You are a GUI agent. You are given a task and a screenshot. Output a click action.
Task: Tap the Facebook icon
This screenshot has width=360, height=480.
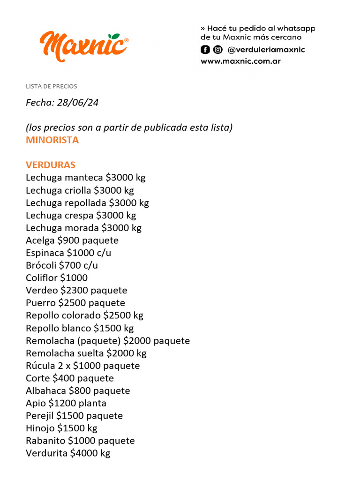pyautogui.click(x=205, y=50)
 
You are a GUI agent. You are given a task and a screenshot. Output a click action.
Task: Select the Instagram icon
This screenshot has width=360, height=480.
pyautogui.click(x=218, y=50)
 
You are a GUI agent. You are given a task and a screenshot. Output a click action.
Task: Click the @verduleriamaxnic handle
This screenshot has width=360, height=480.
pyautogui.click(x=266, y=50)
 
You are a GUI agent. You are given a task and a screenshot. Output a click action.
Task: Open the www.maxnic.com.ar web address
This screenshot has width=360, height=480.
pyautogui.click(x=240, y=61)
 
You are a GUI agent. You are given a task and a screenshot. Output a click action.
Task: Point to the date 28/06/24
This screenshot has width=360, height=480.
pyautogui.click(x=77, y=103)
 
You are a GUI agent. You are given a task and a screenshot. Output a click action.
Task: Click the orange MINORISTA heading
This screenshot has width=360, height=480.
pyautogui.click(x=52, y=140)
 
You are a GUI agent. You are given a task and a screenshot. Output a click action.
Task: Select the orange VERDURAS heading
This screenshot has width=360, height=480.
pyautogui.click(x=51, y=165)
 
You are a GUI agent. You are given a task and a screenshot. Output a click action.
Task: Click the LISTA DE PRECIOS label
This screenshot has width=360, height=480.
pyautogui.click(x=51, y=86)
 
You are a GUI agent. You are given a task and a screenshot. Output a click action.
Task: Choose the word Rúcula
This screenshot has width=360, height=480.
pyautogui.click(x=40, y=366)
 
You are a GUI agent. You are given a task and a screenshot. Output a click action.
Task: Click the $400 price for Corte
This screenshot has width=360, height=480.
pyautogui.click(x=63, y=378)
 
